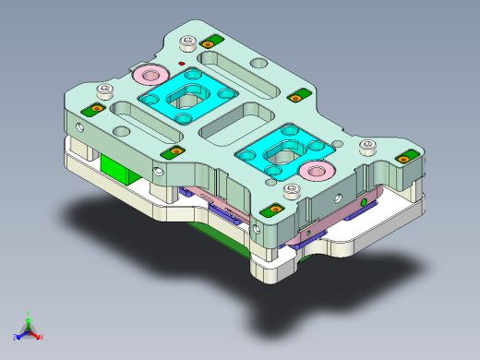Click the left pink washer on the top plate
[x=148, y=74]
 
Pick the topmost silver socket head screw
[x=189, y=42]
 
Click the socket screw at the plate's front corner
[x=294, y=192]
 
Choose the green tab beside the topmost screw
[x=211, y=42]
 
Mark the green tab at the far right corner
[x=402, y=160]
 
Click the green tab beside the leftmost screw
[x=93, y=110]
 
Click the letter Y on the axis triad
[x=29, y=313]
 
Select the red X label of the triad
[x=42, y=337]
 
